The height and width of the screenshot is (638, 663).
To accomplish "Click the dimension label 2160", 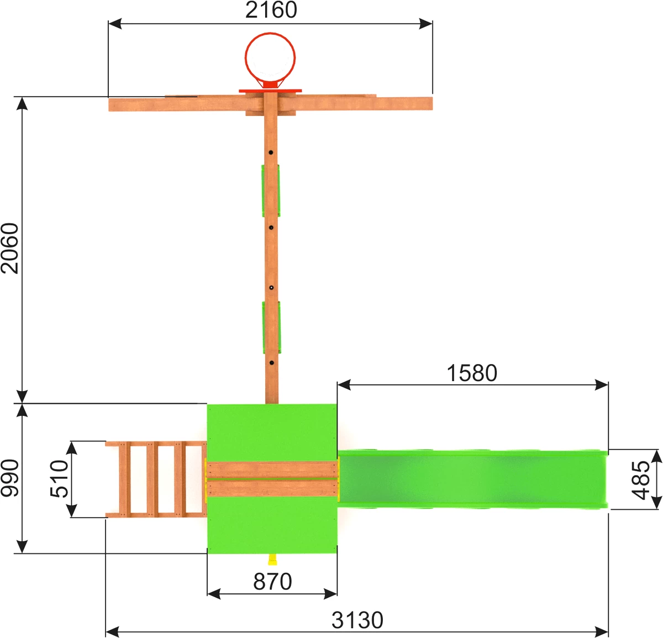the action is pos(271,10).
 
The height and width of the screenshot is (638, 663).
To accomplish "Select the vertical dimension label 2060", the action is pos(9,249).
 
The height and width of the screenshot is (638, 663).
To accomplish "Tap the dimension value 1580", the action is pos(471,373).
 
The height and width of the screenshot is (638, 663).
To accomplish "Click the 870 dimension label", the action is pos(272,582).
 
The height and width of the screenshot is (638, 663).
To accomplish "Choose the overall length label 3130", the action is pos(357,620).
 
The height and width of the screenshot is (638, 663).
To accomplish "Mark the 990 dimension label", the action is pos(9,478).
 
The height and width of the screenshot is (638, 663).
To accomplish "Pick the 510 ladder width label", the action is pos(59,478).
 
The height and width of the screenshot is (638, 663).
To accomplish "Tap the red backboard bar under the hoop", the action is pos(270,91).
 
